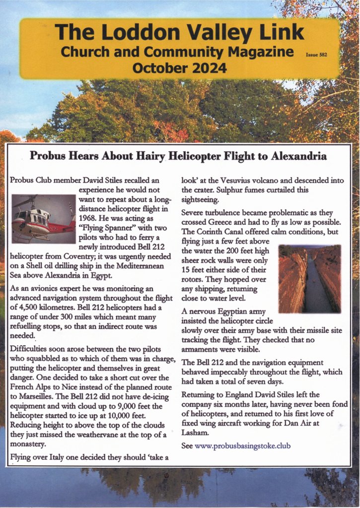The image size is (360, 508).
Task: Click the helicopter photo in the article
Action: click(43, 219)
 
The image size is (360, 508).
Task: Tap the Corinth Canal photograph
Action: click(310, 278)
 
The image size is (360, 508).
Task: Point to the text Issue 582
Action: click(315, 56)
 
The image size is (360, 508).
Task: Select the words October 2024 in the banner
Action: click(180, 68)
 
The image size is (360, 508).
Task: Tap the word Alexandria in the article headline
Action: click(298, 157)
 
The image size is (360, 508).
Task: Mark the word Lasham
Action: click(195, 433)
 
